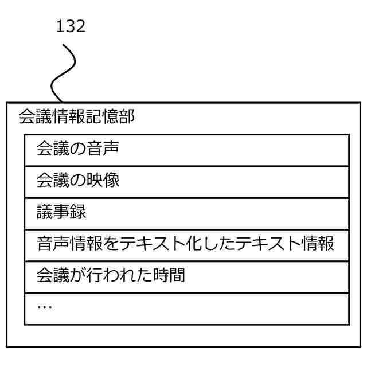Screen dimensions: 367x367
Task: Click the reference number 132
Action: (x=71, y=26)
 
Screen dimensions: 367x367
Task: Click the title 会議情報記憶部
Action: (x=77, y=118)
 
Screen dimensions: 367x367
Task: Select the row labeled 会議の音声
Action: (x=186, y=150)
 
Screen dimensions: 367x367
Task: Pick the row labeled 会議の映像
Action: (x=186, y=181)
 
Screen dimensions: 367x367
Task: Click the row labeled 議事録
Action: (x=186, y=213)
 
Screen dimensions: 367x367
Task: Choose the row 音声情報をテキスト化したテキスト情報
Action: (x=186, y=245)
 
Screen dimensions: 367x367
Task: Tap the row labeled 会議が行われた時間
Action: (x=186, y=276)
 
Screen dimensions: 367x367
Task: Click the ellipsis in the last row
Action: (x=44, y=307)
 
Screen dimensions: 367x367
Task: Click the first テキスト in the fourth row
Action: (x=143, y=245)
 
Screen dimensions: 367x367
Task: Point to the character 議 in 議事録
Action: (x=44, y=213)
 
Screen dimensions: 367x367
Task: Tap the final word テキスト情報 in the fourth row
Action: (x=284, y=245)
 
